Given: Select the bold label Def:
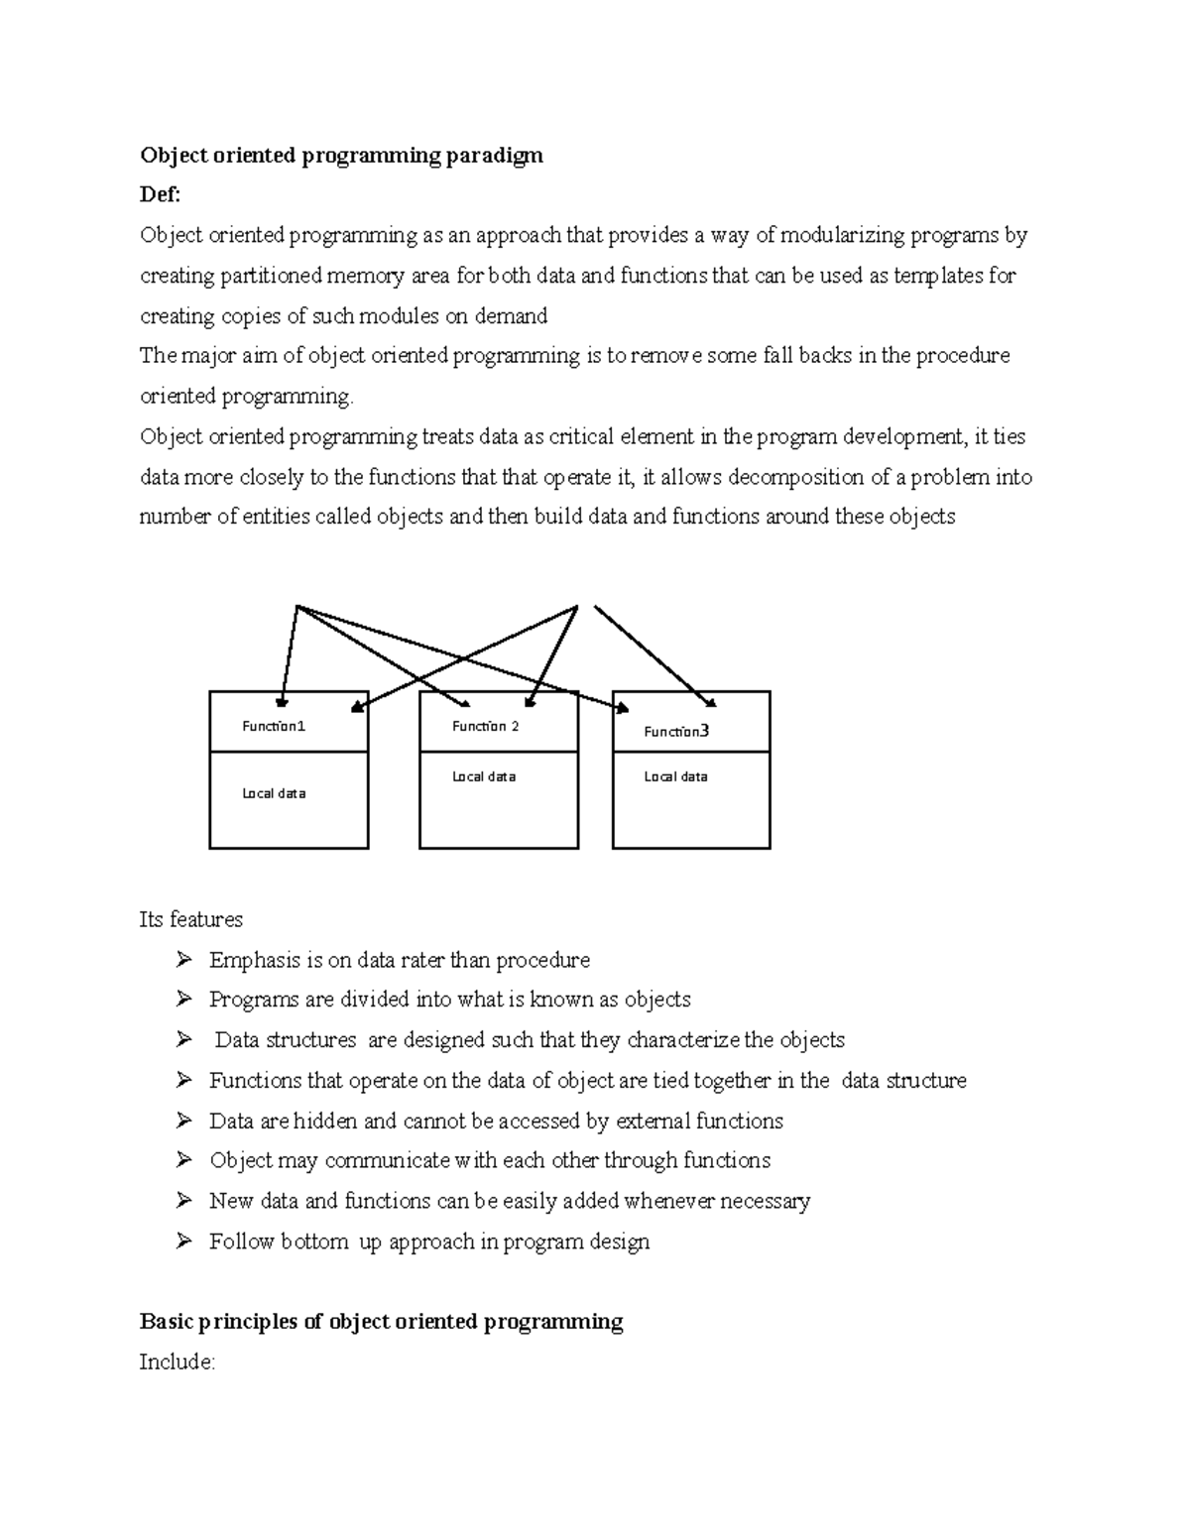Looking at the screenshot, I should (x=160, y=195).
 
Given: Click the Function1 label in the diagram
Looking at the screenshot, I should (x=274, y=726).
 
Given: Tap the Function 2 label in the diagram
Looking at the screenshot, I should (x=485, y=726).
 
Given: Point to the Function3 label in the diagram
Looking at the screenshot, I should (x=676, y=732).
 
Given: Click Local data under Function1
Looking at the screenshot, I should (x=274, y=793).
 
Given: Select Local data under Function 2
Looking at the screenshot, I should (x=484, y=776).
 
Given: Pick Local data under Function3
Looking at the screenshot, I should (x=675, y=776).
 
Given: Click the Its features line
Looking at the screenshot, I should (x=190, y=919).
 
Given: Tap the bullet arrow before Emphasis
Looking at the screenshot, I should (x=183, y=959).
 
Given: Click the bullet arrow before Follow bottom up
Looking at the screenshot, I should (x=183, y=1241).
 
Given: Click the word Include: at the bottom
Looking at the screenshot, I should (x=177, y=1362).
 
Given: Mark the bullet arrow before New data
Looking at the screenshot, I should (x=183, y=1200).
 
